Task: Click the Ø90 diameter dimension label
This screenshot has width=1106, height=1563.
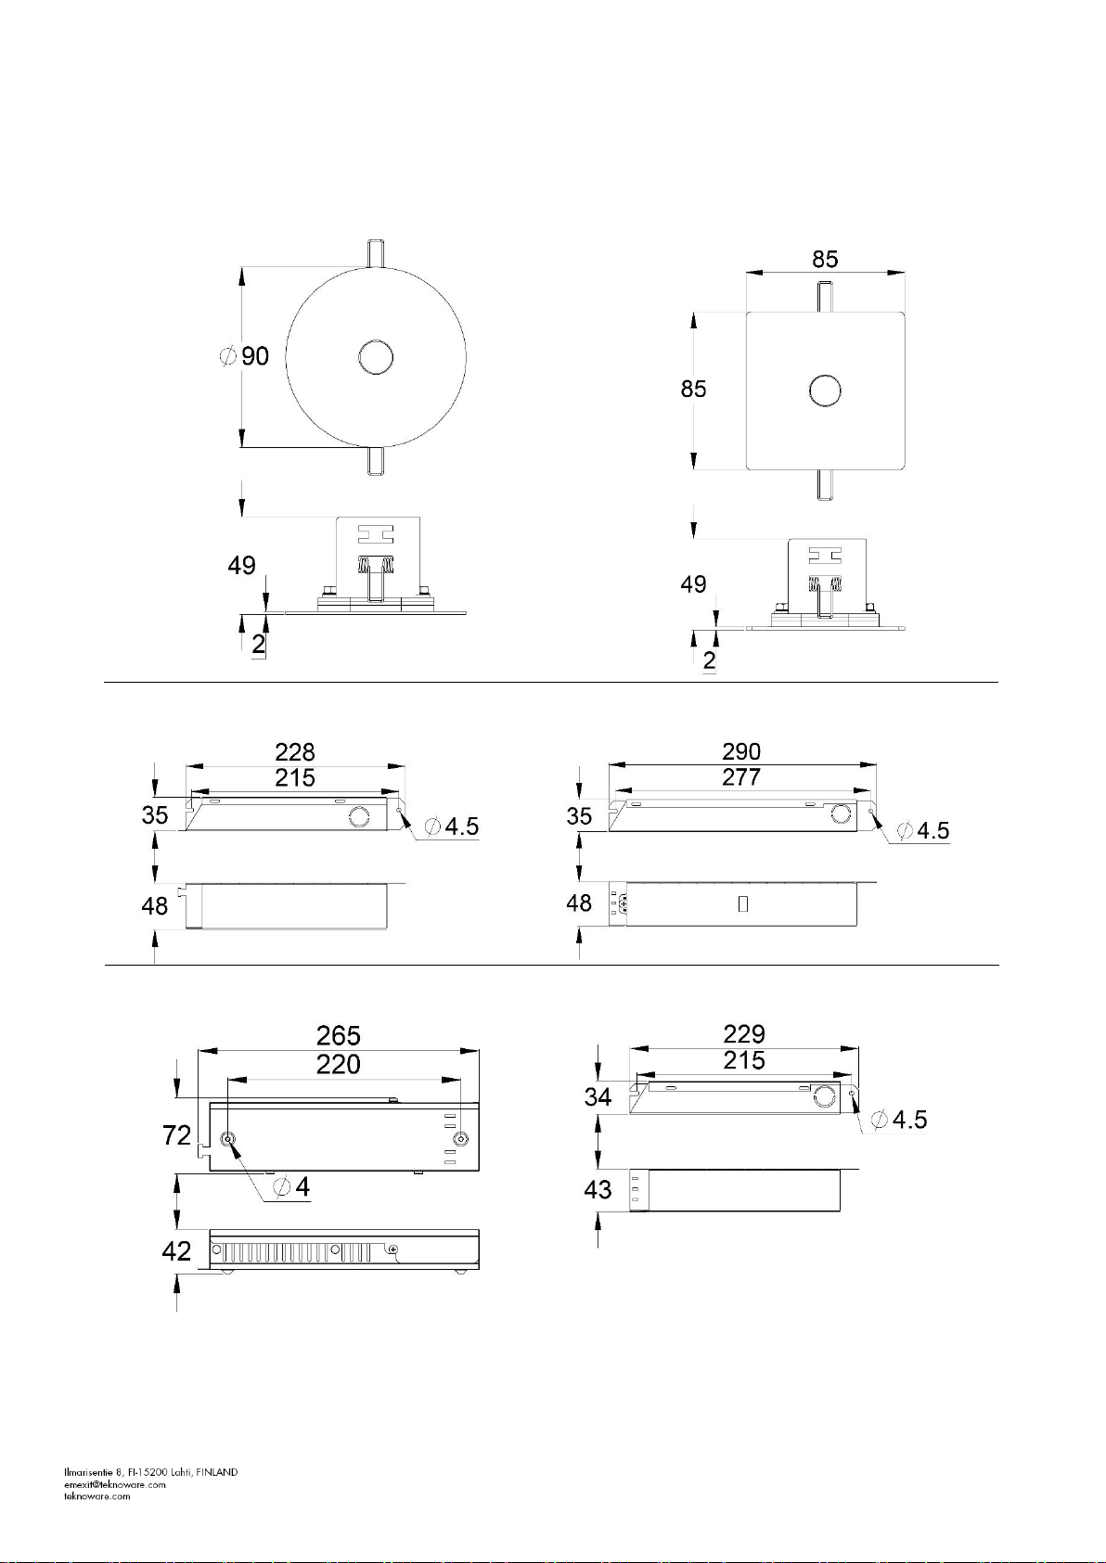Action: (246, 356)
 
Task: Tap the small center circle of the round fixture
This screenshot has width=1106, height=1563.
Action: (376, 357)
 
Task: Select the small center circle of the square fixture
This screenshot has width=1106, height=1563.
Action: (825, 391)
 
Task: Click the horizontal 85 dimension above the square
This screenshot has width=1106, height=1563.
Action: (825, 260)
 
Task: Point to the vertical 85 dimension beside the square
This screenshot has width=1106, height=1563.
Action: (693, 390)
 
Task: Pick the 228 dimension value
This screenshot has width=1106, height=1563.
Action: (295, 751)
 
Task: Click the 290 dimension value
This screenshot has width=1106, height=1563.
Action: (741, 751)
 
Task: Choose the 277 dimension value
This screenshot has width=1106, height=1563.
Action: (741, 777)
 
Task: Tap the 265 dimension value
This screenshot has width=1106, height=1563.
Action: (339, 1035)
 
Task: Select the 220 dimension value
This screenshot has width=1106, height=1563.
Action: (339, 1064)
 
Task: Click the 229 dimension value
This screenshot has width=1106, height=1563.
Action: (744, 1033)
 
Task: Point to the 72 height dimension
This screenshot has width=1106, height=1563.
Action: (176, 1135)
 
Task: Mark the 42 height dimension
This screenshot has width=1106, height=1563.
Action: (176, 1251)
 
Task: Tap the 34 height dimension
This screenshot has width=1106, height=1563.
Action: (598, 1097)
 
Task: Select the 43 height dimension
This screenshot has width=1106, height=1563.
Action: (598, 1189)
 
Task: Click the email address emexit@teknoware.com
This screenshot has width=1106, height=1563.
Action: (115, 1484)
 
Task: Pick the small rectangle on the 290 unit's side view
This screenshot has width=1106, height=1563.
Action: (743, 903)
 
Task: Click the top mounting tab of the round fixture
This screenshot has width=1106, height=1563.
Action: (376, 251)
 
